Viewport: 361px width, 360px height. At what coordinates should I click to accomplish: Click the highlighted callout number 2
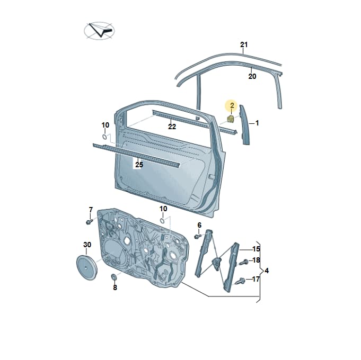[x=232, y=105]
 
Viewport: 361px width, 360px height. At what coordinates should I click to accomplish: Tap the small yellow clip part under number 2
[x=231, y=119]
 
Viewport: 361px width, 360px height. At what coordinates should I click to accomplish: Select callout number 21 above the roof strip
[x=244, y=44]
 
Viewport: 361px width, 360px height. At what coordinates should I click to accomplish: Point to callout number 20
[x=252, y=76]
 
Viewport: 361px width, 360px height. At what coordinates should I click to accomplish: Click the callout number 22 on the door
[x=172, y=127]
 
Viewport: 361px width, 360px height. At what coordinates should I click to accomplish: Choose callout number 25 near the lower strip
[x=139, y=165]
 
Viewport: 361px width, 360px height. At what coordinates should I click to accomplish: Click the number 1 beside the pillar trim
[x=257, y=123]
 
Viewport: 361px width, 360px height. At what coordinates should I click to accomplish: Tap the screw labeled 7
[x=89, y=222]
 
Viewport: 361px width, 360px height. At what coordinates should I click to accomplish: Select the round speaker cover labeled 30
[x=86, y=267]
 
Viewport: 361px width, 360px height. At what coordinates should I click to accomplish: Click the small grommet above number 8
[x=114, y=277]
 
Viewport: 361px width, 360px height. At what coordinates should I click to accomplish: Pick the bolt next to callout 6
[x=198, y=236]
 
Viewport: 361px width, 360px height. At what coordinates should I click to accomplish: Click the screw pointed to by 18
[x=244, y=262]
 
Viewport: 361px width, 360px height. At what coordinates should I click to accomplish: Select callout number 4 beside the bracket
[x=267, y=271]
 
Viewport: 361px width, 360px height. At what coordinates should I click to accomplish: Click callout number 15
[x=256, y=249]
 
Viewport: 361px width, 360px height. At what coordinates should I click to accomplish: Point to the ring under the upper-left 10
[x=104, y=137]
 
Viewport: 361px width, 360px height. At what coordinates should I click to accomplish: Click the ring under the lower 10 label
[x=162, y=221]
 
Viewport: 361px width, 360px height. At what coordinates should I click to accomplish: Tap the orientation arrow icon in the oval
[x=99, y=31]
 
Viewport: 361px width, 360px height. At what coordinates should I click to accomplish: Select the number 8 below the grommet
[x=115, y=287]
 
